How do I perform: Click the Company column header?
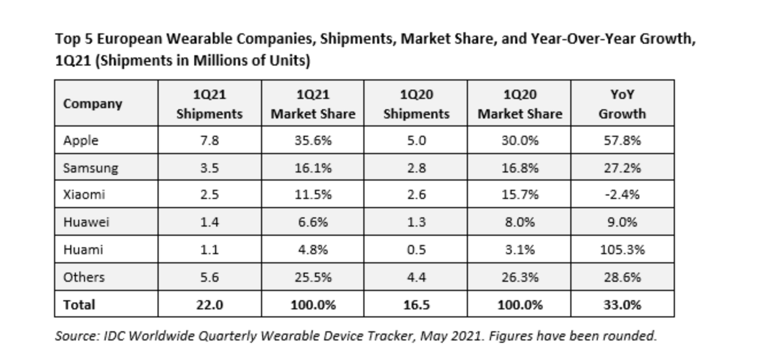[x=93, y=104]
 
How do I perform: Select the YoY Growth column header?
[x=622, y=104]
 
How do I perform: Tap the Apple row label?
[x=81, y=140]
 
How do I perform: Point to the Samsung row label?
[x=90, y=168]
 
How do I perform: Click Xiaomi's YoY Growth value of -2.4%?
[x=622, y=195]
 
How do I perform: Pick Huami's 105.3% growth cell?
[x=622, y=250]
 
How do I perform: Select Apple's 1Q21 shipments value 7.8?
[x=209, y=140]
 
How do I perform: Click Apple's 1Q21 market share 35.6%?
[x=313, y=140]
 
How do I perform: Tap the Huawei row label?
[x=87, y=223]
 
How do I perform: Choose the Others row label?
[x=84, y=277]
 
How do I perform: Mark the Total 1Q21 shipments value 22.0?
[x=209, y=305]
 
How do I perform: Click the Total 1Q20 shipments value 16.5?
[x=416, y=305]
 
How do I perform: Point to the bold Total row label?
[x=79, y=305]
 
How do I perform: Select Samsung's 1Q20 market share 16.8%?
[x=519, y=168]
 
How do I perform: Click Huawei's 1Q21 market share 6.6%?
[x=313, y=223]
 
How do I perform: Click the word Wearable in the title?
[x=188, y=40]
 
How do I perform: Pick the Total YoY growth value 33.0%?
[x=622, y=305]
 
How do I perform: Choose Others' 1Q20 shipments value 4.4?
[x=416, y=277]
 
